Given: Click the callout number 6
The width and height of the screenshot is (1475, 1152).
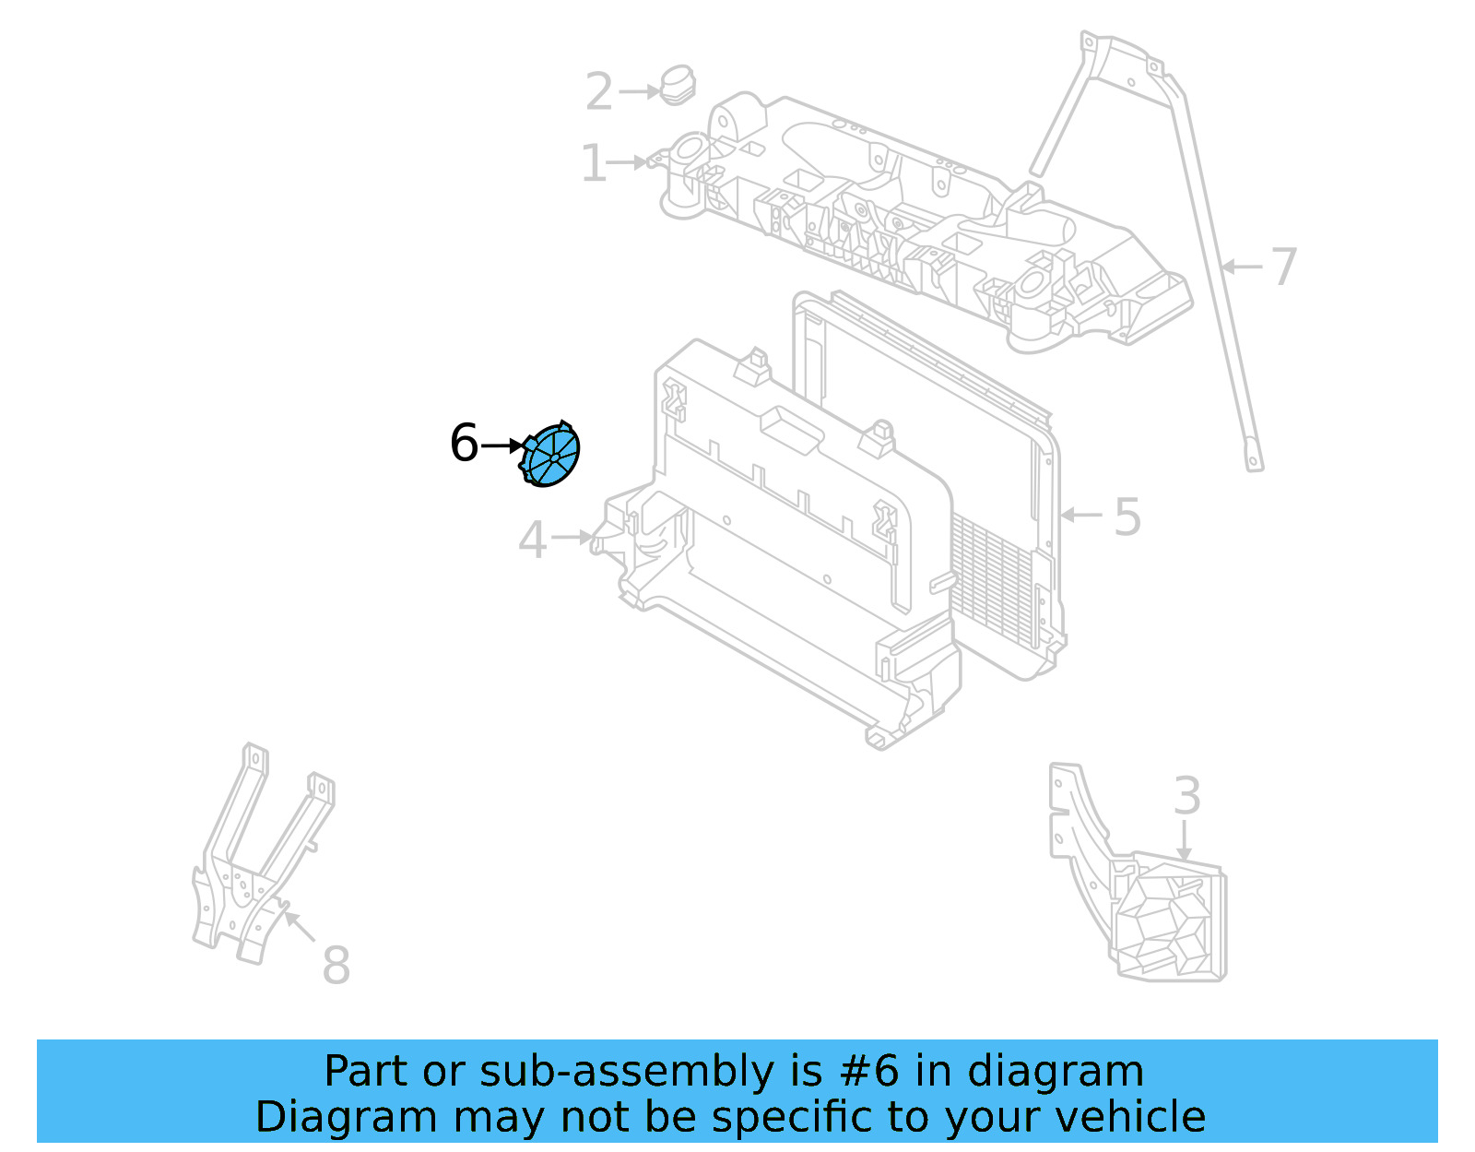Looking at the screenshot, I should click(x=464, y=443).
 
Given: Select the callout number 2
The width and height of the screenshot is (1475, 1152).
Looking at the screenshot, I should click(x=598, y=92).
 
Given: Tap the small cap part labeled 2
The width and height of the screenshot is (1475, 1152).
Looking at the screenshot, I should click(x=678, y=85).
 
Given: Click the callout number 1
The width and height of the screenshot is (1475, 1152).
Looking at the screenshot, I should click(x=593, y=164).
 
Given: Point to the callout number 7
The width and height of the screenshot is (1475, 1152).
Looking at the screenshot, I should click(x=1283, y=267).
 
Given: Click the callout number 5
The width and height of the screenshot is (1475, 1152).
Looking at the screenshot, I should click(x=1127, y=517).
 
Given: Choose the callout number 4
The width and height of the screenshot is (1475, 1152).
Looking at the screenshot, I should click(x=532, y=540).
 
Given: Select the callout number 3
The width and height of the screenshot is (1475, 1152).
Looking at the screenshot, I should click(x=1186, y=797).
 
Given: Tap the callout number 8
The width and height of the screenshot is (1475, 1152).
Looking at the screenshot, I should click(x=336, y=966).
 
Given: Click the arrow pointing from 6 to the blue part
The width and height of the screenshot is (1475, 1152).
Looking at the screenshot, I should click(x=503, y=445).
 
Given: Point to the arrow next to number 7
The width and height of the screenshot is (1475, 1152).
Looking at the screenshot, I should click(x=1241, y=267).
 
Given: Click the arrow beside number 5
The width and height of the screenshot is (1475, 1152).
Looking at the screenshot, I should click(x=1081, y=515).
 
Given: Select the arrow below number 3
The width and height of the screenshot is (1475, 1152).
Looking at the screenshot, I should click(x=1185, y=841).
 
